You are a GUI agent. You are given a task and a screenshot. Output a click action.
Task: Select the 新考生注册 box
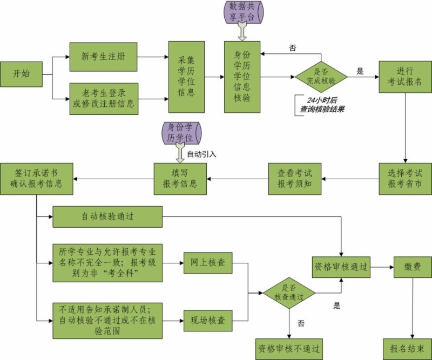click(x=104, y=57)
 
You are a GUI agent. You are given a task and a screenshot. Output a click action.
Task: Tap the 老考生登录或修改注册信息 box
click(x=104, y=98)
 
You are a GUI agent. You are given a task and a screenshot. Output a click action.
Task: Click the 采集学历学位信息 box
click(x=186, y=77)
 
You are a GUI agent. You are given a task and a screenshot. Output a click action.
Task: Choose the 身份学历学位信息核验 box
click(x=242, y=77)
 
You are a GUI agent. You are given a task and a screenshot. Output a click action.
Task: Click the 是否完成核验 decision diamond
click(x=321, y=77)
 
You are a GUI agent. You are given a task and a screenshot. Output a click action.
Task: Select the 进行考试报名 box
click(x=405, y=77)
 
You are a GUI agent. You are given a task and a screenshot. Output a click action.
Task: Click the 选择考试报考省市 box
click(x=405, y=178)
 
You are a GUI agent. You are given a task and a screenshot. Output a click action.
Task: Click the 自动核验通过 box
click(x=107, y=217)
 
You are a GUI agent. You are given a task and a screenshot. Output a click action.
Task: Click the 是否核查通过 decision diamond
click(x=289, y=293)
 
